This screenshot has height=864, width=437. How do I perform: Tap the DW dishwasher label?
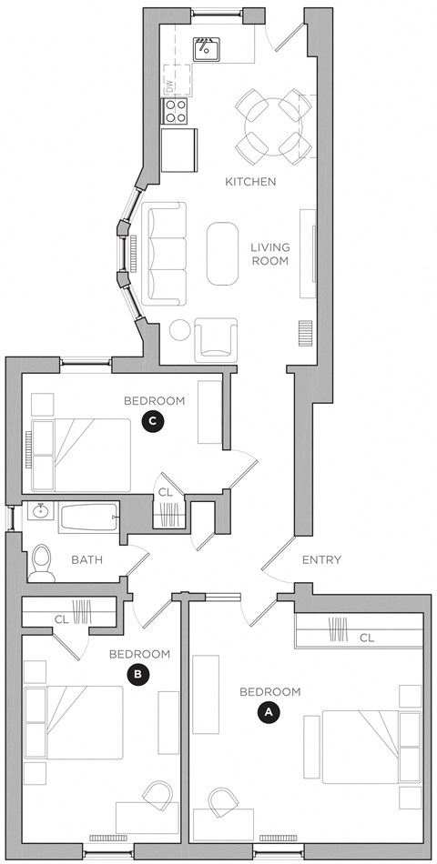168,86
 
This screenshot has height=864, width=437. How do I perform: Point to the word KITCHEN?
250,182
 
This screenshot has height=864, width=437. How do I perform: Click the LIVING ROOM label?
269,254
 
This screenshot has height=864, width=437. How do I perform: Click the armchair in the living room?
217,340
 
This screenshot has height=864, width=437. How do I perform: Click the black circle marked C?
154,420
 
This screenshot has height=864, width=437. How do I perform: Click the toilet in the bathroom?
42,562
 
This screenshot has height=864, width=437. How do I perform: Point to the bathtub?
89,517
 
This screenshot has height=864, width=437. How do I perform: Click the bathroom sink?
38,512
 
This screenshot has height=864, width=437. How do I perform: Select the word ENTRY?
321,560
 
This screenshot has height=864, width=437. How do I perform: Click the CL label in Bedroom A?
366,638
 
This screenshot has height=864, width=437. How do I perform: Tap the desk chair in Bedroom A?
222,804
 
